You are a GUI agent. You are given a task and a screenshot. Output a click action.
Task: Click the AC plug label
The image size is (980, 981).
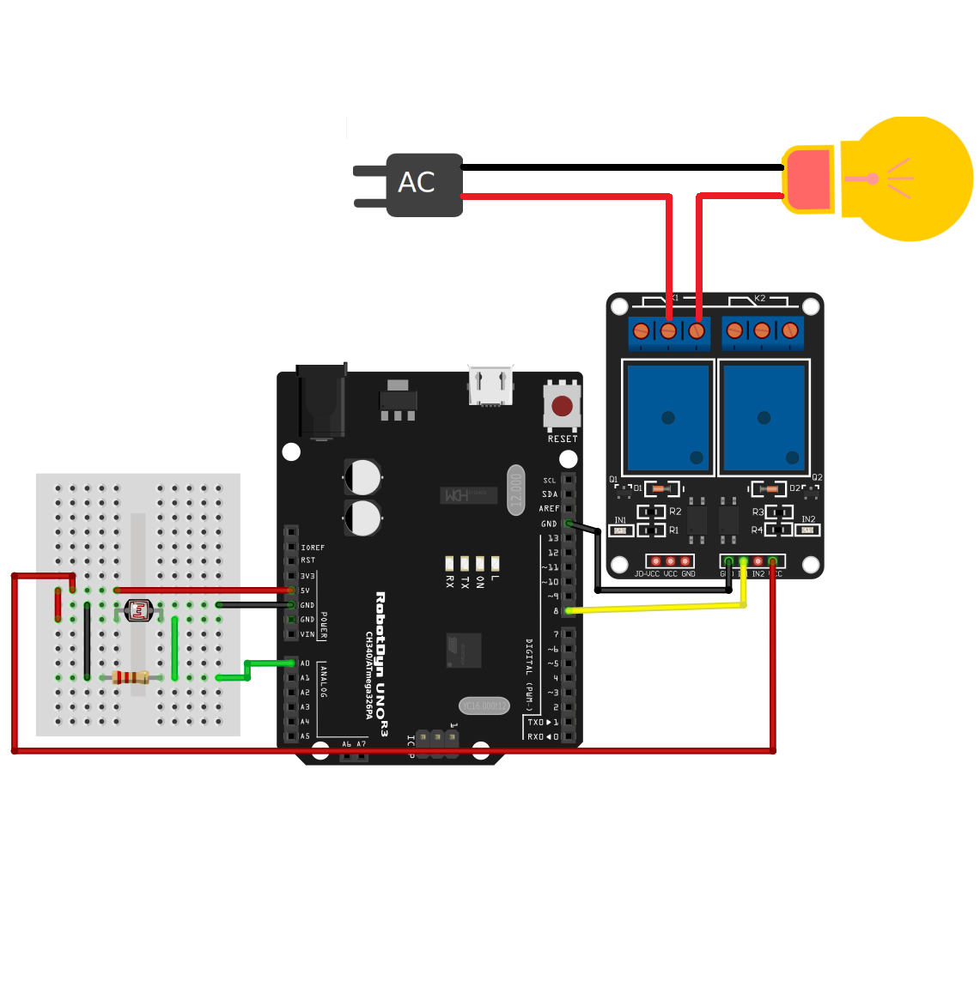(417, 183)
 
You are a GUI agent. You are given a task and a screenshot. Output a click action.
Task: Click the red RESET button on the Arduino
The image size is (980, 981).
(562, 406)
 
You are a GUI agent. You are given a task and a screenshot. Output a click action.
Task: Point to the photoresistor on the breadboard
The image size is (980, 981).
(138, 610)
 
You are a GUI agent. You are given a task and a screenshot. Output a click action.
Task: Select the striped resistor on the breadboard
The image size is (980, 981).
(131, 678)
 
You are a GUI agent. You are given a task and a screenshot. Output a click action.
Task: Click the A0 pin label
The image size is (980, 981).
(305, 663)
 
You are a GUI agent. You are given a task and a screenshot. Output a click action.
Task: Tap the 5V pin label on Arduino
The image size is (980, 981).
(305, 590)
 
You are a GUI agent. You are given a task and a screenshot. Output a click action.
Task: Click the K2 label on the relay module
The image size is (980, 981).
(759, 299)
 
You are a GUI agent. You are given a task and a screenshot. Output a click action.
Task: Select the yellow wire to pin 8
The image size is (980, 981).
(653, 608)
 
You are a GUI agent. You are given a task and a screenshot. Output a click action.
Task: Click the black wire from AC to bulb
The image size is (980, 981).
(618, 167)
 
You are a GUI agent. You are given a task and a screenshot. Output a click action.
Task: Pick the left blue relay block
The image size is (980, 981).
(668, 417)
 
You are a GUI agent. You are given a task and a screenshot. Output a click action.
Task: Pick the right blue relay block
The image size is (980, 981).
(764, 417)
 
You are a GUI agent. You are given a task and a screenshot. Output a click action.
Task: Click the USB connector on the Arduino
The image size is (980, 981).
(490, 386)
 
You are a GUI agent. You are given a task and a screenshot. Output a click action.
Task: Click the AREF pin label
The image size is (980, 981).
(549, 509)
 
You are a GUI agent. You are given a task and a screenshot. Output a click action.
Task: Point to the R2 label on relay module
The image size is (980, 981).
(675, 512)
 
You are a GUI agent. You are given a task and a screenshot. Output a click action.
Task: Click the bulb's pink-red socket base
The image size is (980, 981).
(808, 179)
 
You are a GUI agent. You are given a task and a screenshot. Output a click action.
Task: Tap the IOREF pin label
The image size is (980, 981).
(313, 548)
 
